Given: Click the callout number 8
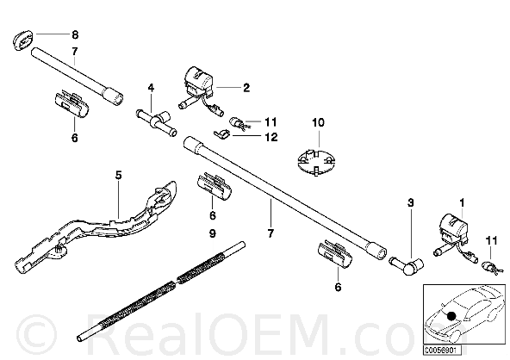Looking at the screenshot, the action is point(75,34).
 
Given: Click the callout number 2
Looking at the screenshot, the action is point(246,88).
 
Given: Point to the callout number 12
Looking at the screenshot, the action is point(271,137).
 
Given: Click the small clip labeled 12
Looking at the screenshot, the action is point(222,134).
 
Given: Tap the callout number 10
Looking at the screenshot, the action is point(318,122).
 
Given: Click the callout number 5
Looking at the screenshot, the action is point(118,176).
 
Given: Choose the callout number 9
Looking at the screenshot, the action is point(213,233).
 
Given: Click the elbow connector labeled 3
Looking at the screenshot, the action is point(407,265).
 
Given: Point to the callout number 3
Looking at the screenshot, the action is point(410,203).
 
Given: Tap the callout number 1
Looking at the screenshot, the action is point(462,203).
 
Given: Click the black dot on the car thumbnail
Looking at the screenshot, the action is point(451,316).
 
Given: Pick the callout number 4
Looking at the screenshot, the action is point(151,88).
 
